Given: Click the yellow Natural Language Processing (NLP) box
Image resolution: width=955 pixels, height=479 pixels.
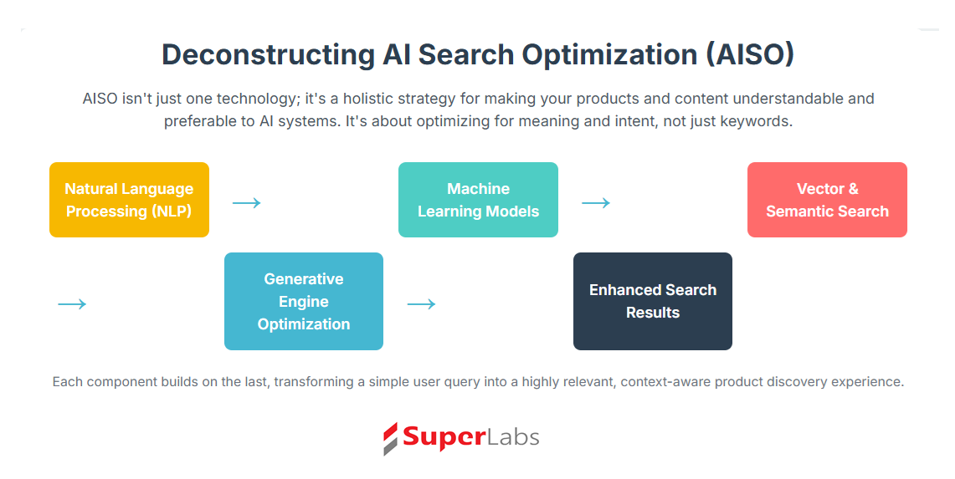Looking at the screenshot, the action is pos(129,200).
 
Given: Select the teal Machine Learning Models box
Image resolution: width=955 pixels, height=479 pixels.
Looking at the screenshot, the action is pos(478,200).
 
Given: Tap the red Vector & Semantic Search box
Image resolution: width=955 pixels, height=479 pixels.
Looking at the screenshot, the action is pos(827,200).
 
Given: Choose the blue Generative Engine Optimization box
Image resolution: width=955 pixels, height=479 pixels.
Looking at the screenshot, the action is pos(304,301).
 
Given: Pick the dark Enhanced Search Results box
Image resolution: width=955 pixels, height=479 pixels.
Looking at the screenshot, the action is pos(653,301).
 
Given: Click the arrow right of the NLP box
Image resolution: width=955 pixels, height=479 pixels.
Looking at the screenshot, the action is pos(247,202).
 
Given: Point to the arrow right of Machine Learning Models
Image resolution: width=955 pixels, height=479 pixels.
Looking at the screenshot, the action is pos(596,202).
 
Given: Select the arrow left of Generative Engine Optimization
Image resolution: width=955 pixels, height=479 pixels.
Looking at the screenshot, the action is pos(72,303).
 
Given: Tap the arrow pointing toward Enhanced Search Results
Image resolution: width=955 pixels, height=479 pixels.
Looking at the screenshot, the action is pos(422,303).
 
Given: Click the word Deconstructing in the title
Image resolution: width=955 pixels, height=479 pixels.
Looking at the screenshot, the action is pos(268,55).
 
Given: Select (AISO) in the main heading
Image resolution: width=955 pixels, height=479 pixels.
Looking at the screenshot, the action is pos(750,55).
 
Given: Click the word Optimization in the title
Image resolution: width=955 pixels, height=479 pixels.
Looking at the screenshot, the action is pos(609,55).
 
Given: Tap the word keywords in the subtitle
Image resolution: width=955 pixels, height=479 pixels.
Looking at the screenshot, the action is pos(756,121).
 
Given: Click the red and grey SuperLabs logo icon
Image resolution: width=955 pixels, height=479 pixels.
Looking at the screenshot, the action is pos(390,439).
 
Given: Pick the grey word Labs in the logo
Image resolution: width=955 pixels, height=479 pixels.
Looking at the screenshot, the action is pos(513,437).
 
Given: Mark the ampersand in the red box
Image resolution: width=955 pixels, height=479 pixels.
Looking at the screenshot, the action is pos(852,189).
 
